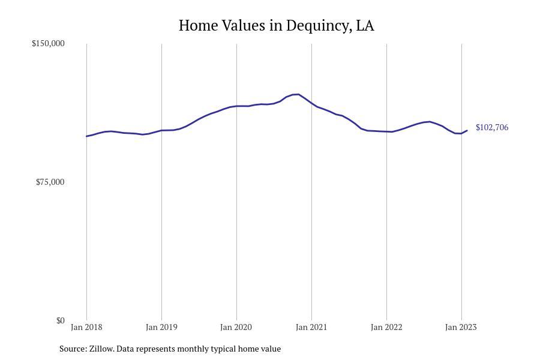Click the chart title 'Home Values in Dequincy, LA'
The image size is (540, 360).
[276, 26]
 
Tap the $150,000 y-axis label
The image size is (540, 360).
[48, 43]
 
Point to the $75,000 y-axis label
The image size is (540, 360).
[50, 182]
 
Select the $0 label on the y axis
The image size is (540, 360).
[60, 320]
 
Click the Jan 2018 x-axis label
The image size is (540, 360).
[86, 327]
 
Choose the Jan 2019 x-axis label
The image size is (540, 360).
[161, 327]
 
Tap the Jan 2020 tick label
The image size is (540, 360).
[236, 327]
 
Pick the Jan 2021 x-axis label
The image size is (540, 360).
[311, 327]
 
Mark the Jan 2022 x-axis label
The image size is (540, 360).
[386, 327]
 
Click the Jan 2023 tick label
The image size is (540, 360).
[461, 327]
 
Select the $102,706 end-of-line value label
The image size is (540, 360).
[492, 127]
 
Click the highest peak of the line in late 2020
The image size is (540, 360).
[297, 94]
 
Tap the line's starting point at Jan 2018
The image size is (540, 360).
[86, 136]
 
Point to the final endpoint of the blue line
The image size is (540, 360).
[467, 130]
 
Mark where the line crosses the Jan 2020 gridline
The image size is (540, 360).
[236, 106]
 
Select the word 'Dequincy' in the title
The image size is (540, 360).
[318, 26]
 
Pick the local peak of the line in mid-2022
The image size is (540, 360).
[429, 122]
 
